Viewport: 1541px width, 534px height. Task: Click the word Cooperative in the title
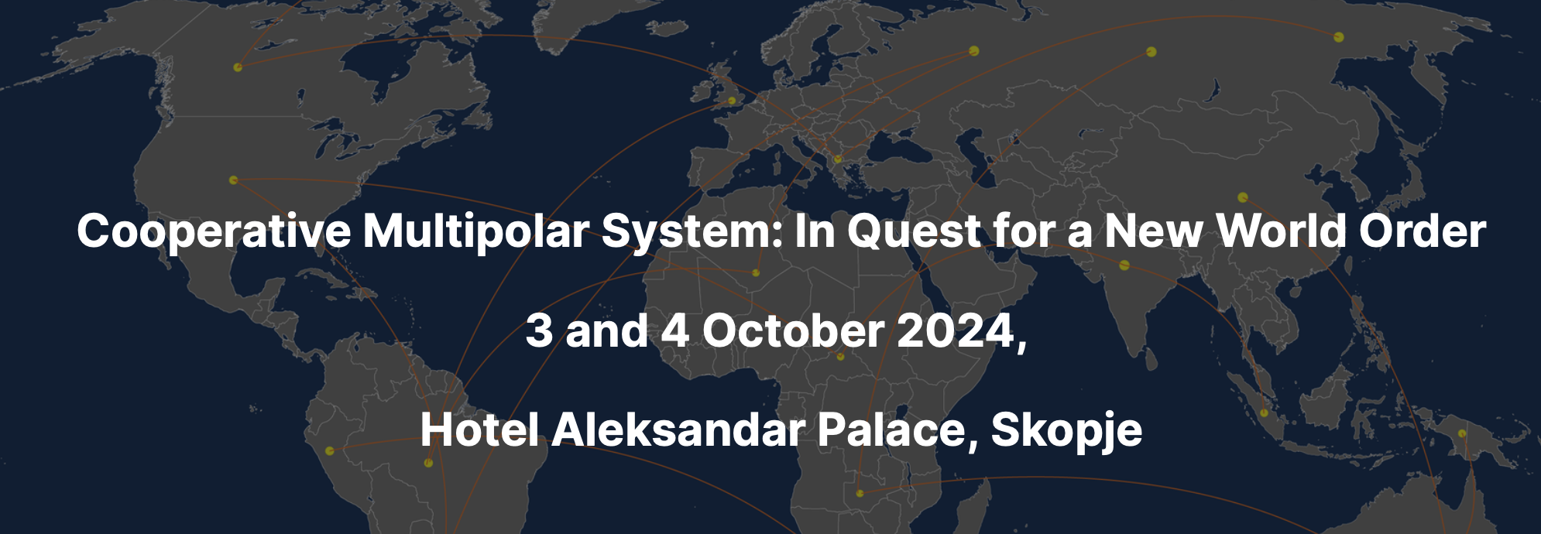click(x=214, y=231)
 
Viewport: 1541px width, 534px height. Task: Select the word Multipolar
click(x=475, y=231)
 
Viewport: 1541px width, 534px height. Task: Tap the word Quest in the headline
click(x=914, y=231)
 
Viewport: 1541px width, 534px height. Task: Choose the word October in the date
click(x=793, y=330)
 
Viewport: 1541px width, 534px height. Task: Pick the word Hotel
click(x=479, y=430)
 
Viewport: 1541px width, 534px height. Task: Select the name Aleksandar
click(x=678, y=430)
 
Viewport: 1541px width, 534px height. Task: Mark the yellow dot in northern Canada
click(x=238, y=67)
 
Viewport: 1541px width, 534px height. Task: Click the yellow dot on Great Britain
click(x=732, y=101)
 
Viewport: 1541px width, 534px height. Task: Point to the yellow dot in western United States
click(x=233, y=180)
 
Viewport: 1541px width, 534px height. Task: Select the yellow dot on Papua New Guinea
click(x=1462, y=433)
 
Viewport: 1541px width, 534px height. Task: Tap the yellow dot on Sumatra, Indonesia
click(x=1264, y=412)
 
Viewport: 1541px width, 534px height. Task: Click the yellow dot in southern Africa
click(x=860, y=493)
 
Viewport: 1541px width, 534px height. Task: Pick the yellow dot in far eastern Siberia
click(x=1339, y=37)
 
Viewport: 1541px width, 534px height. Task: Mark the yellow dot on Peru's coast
click(x=329, y=450)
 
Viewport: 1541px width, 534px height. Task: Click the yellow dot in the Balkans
click(x=837, y=159)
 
